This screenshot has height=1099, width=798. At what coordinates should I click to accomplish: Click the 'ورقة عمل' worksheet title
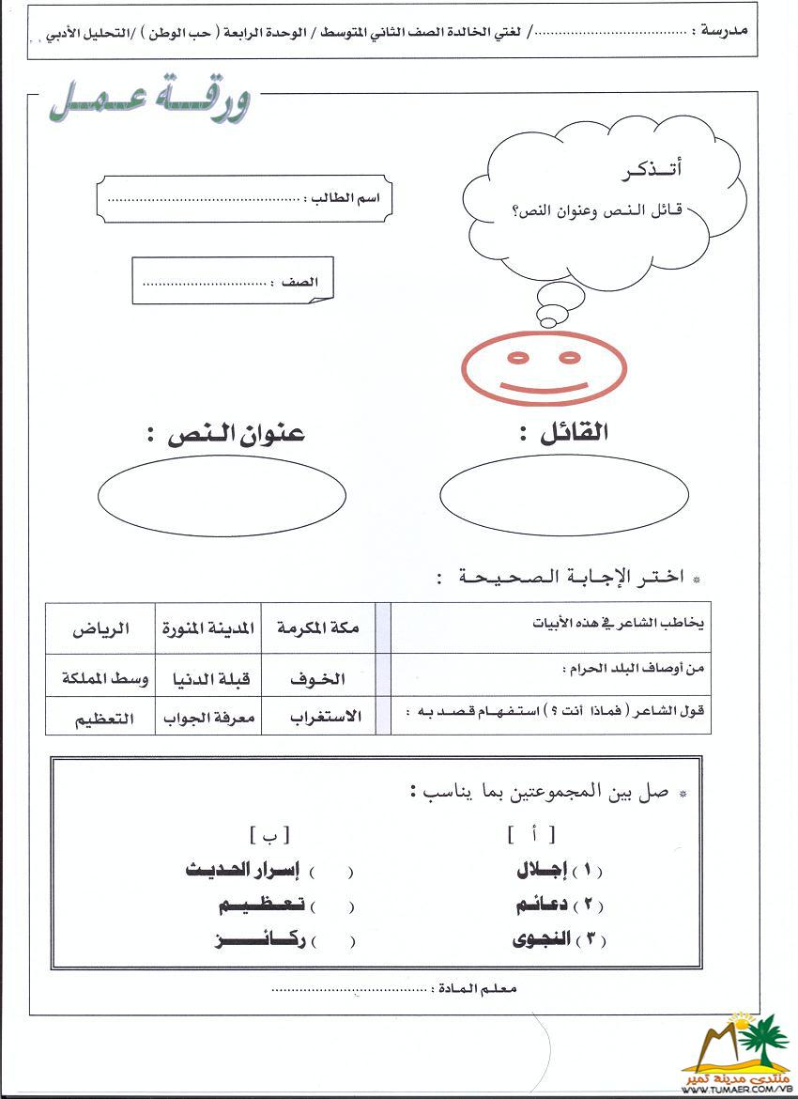(x=150, y=102)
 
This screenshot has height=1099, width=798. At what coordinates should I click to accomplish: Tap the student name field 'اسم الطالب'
(x=244, y=199)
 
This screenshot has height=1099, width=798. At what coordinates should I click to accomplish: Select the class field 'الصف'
(x=232, y=282)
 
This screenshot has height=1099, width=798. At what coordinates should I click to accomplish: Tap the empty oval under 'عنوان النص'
(x=222, y=494)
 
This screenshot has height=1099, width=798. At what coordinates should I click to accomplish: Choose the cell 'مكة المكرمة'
(x=317, y=627)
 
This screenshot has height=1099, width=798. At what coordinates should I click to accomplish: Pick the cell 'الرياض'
(x=100, y=628)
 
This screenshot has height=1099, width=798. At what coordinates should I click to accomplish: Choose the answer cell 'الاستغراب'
(x=317, y=719)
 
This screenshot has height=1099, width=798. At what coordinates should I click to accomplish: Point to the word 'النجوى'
(x=543, y=938)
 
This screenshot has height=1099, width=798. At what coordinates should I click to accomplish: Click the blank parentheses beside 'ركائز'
(x=332, y=940)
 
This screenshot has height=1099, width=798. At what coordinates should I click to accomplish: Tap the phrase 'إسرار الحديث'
(x=242, y=871)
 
